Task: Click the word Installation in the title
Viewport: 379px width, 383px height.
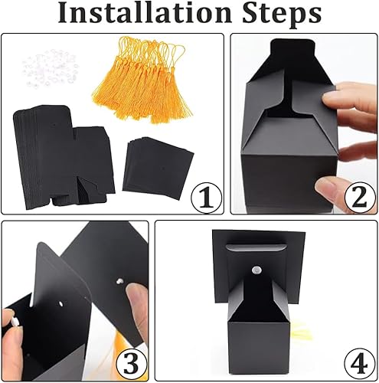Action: click(x=145, y=12)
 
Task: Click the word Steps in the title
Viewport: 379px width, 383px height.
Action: click(x=282, y=15)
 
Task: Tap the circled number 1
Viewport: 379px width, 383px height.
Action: click(x=207, y=197)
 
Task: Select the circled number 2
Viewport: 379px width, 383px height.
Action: click(x=360, y=197)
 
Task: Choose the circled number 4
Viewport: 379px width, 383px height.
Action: click(x=360, y=363)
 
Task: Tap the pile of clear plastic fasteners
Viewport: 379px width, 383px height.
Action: click(x=50, y=67)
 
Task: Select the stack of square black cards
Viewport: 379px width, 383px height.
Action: click(x=158, y=167)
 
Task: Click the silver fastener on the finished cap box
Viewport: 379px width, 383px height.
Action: click(x=256, y=270)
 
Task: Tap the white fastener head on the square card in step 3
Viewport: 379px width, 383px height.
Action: click(x=119, y=281)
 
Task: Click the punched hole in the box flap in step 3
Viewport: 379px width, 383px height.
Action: click(x=60, y=304)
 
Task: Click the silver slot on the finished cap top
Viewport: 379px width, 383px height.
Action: click(x=256, y=247)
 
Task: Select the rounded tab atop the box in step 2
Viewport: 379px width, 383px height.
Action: click(x=292, y=48)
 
